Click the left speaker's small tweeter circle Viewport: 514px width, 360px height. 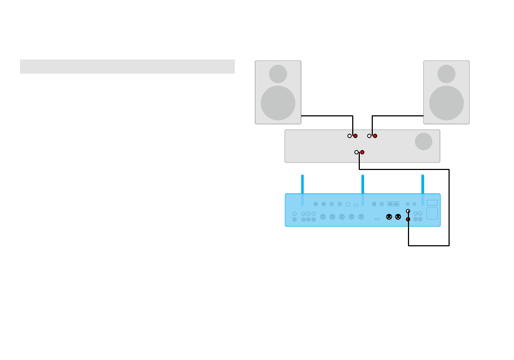coord(278,74)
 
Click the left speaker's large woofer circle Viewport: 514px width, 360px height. coord(278,103)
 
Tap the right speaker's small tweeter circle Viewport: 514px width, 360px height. coord(446,74)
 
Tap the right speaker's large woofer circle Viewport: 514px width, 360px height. coord(446,103)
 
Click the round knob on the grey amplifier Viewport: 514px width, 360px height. coord(424,141)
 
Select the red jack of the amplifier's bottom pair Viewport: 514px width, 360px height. coord(363,152)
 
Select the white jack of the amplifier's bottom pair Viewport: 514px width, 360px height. coord(357,152)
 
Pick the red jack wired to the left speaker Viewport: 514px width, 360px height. coord(355,136)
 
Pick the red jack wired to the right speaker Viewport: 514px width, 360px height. coord(375,136)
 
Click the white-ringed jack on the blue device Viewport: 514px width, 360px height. coord(408,212)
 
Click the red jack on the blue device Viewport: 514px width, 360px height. coord(408,219)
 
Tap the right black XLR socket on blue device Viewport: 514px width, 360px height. coord(398,217)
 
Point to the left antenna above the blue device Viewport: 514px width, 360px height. coord(302,189)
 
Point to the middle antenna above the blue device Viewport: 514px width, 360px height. coord(363,189)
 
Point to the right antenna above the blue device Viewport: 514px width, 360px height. coord(423,189)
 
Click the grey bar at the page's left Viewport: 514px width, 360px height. coord(127,67)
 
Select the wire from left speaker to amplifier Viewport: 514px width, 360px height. coord(327,115)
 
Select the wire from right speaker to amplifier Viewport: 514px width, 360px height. coord(398,115)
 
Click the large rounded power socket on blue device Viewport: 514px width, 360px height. coord(432,213)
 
